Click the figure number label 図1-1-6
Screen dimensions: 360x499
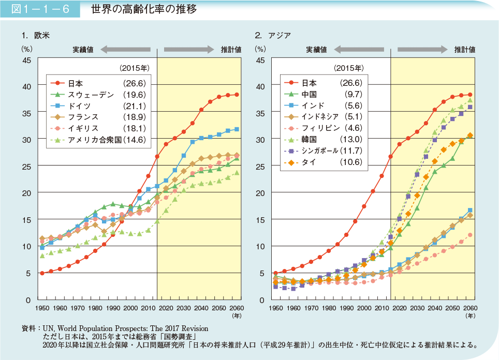40,9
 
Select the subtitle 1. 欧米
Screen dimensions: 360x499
36,36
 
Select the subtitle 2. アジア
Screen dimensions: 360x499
273,36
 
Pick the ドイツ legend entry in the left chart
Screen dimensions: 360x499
79,106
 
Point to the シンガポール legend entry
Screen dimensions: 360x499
319,151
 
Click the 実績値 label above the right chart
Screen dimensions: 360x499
316,50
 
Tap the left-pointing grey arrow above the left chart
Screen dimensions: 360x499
125,50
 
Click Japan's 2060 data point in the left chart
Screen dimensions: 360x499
237,95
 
